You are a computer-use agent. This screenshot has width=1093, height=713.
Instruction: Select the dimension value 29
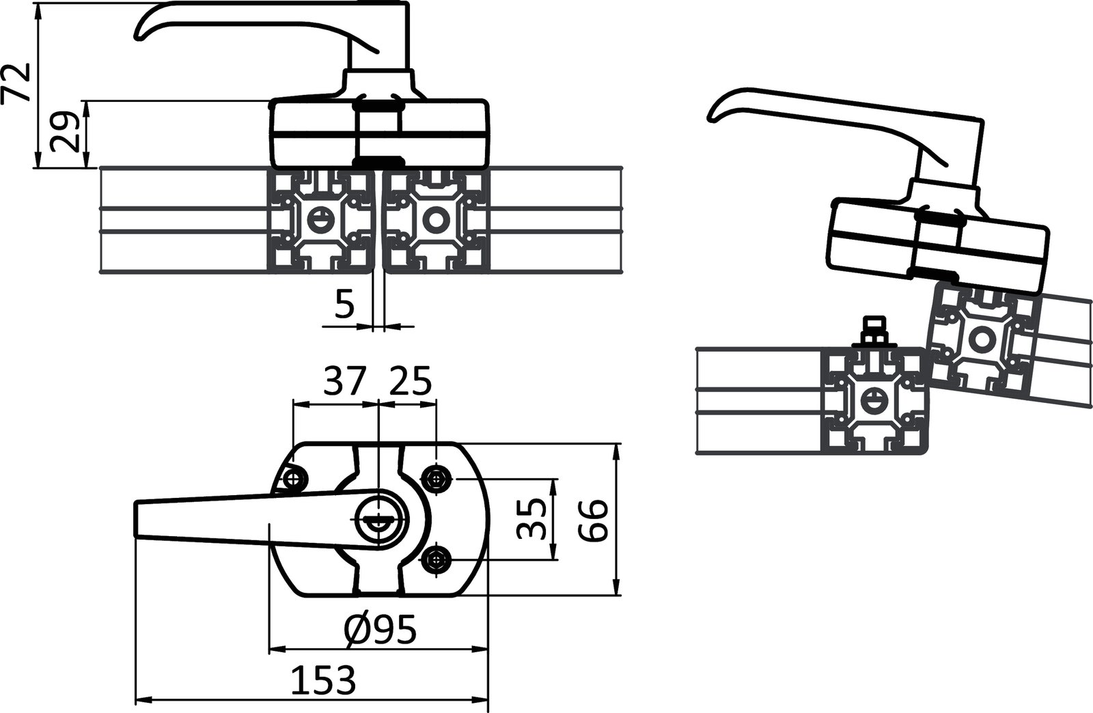[65, 134]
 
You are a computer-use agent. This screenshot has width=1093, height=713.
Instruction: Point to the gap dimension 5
[345, 305]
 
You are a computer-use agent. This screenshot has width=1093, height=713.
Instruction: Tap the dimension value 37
[345, 382]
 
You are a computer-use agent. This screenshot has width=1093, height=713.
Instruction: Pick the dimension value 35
[533, 518]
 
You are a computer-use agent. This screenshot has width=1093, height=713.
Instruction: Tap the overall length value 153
[324, 680]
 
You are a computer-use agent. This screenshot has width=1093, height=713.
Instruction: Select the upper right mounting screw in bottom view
[436, 477]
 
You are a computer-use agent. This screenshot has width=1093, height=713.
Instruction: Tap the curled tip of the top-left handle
[140, 34]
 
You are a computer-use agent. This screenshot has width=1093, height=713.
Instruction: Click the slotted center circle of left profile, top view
[318, 219]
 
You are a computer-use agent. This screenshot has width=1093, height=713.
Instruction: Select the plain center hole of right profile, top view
[434, 219]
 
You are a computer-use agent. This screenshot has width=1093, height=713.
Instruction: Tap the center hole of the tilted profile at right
[982, 338]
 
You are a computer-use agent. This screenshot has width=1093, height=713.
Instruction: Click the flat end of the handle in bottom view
[136, 520]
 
